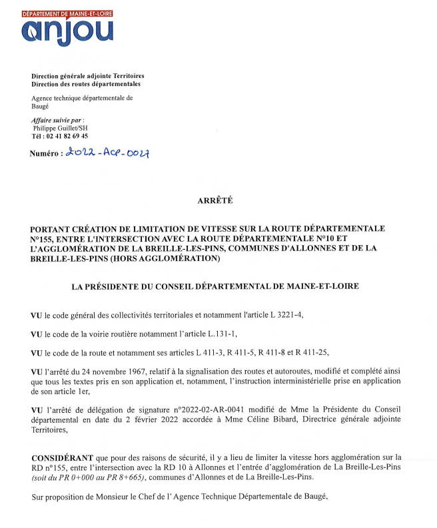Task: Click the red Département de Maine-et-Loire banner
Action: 67,13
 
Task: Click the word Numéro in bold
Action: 45,153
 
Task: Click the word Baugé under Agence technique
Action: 40,105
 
